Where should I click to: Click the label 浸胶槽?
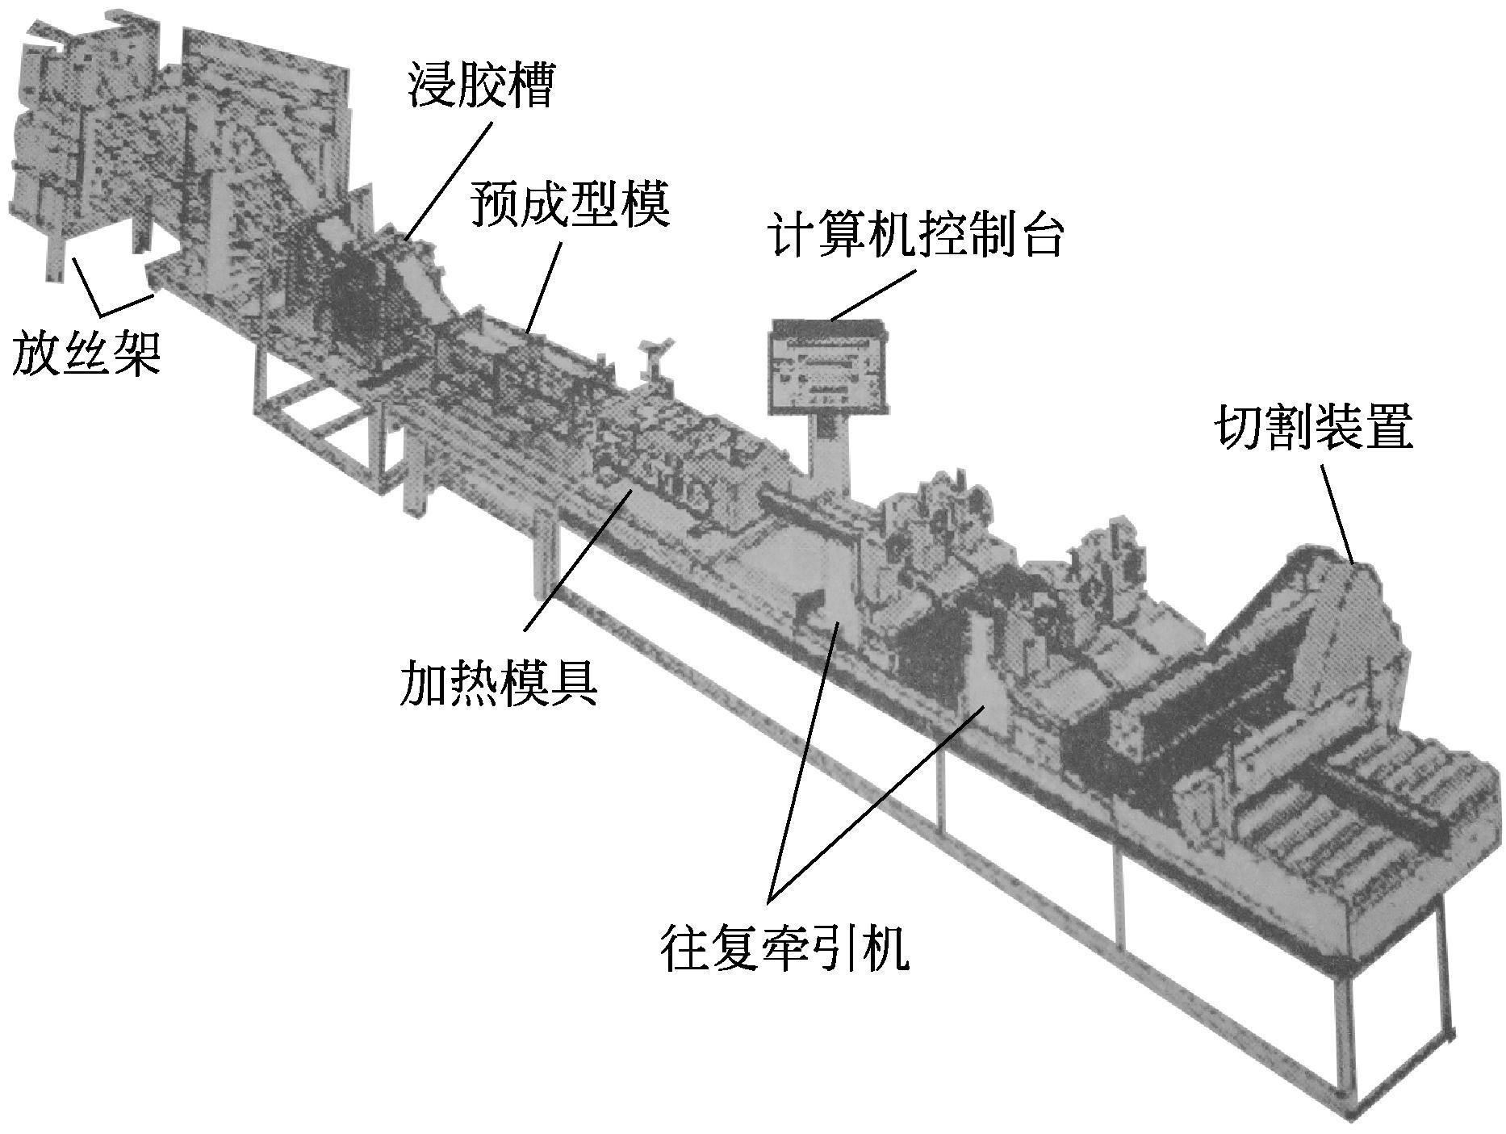(x=480, y=87)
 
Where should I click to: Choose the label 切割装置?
(x=1314, y=429)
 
